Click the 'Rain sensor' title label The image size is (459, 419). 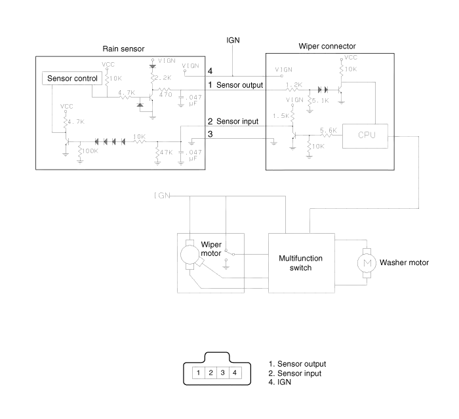(123, 49)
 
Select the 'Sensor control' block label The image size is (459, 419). (72, 79)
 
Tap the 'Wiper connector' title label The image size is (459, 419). (327, 47)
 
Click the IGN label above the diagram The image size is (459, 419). (234, 41)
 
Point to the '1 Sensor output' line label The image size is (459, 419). (237, 85)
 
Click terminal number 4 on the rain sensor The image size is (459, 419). (210, 71)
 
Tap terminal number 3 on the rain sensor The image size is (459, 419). (210, 134)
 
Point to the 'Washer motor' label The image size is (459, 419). (404, 263)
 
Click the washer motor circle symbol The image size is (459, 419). (363, 262)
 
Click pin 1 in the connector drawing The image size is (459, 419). (197, 373)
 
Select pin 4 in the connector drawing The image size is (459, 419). (233, 373)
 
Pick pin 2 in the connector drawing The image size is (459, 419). (210, 373)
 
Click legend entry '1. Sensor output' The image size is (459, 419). (298, 364)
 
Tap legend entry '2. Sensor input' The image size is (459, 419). (296, 373)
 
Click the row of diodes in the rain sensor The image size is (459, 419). (110, 141)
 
